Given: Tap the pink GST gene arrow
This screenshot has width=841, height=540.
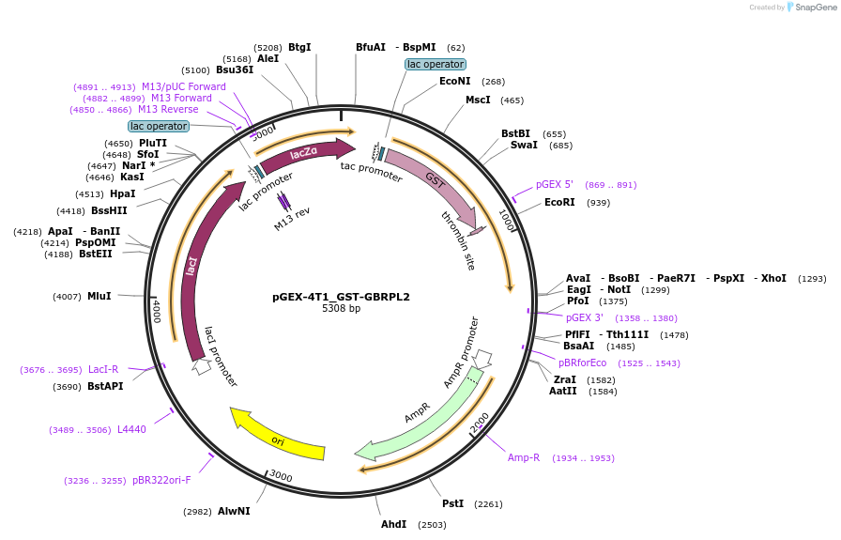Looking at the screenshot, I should [x=432, y=177].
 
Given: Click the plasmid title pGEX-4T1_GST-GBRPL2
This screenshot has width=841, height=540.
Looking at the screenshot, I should [x=341, y=297].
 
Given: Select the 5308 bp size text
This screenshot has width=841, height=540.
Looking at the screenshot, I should [x=341, y=309].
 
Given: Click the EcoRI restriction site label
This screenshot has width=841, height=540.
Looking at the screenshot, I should [x=559, y=202].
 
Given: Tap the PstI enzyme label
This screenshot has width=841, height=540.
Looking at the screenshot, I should [x=452, y=503].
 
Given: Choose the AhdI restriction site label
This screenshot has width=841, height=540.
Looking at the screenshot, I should [x=393, y=524].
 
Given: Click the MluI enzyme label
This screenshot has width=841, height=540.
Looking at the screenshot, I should [x=99, y=296].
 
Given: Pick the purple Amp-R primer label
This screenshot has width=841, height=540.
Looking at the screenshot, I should [x=524, y=457].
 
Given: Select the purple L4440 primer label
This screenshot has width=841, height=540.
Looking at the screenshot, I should [x=131, y=429].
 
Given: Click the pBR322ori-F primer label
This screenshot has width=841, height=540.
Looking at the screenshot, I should [x=161, y=480].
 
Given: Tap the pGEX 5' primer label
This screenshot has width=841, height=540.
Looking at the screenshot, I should [x=554, y=184].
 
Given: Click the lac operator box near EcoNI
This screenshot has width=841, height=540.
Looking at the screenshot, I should [x=435, y=64].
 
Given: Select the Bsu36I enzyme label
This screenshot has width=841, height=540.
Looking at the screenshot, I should [x=235, y=69].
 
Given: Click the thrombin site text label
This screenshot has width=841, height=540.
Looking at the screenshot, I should [x=458, y=240].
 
